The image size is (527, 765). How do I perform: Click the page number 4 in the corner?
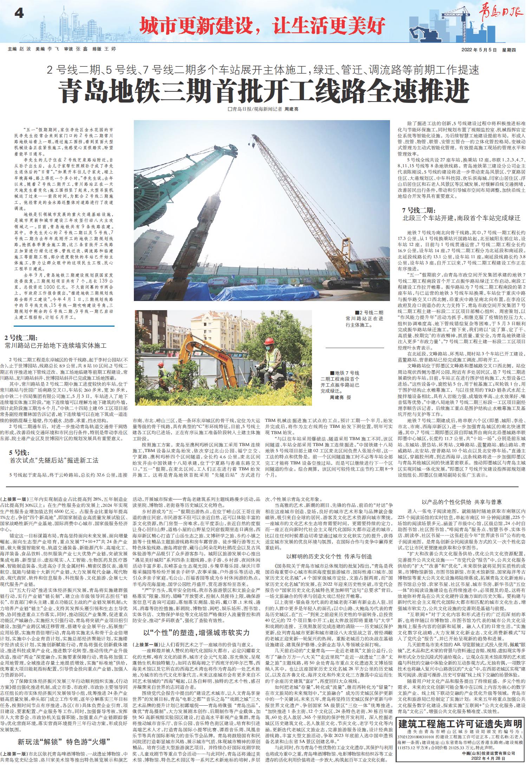[19, 14]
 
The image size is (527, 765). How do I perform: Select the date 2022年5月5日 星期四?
[488, 50]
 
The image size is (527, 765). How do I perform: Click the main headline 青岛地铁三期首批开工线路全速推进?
[263, 91]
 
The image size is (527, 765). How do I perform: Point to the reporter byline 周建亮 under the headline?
[291, 110]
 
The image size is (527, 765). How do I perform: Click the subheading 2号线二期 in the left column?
[20, 338]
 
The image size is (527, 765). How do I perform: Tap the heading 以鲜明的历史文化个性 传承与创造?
[329, 556]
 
